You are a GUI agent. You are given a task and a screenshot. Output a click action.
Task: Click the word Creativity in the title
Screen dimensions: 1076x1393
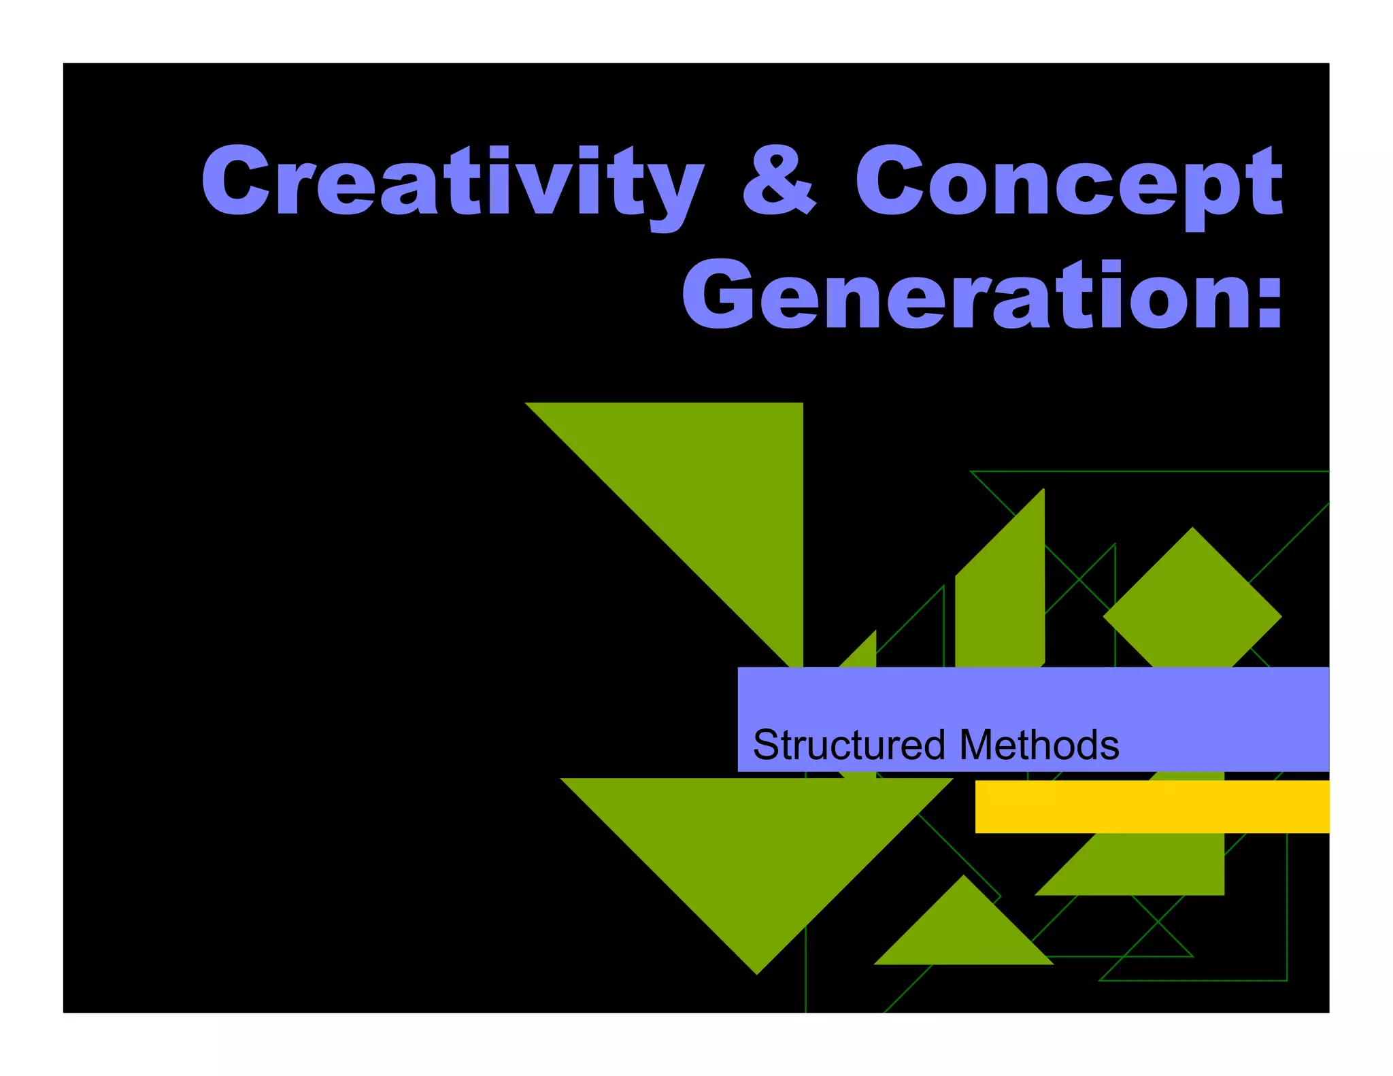452,182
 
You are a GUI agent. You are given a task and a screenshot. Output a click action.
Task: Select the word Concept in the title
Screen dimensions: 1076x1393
1068,182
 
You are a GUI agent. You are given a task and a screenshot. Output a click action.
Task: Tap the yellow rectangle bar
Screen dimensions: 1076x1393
1152,807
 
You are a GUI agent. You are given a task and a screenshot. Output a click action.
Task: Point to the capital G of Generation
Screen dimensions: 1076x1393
718,295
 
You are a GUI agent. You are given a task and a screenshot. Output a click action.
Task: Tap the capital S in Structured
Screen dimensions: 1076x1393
767,745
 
